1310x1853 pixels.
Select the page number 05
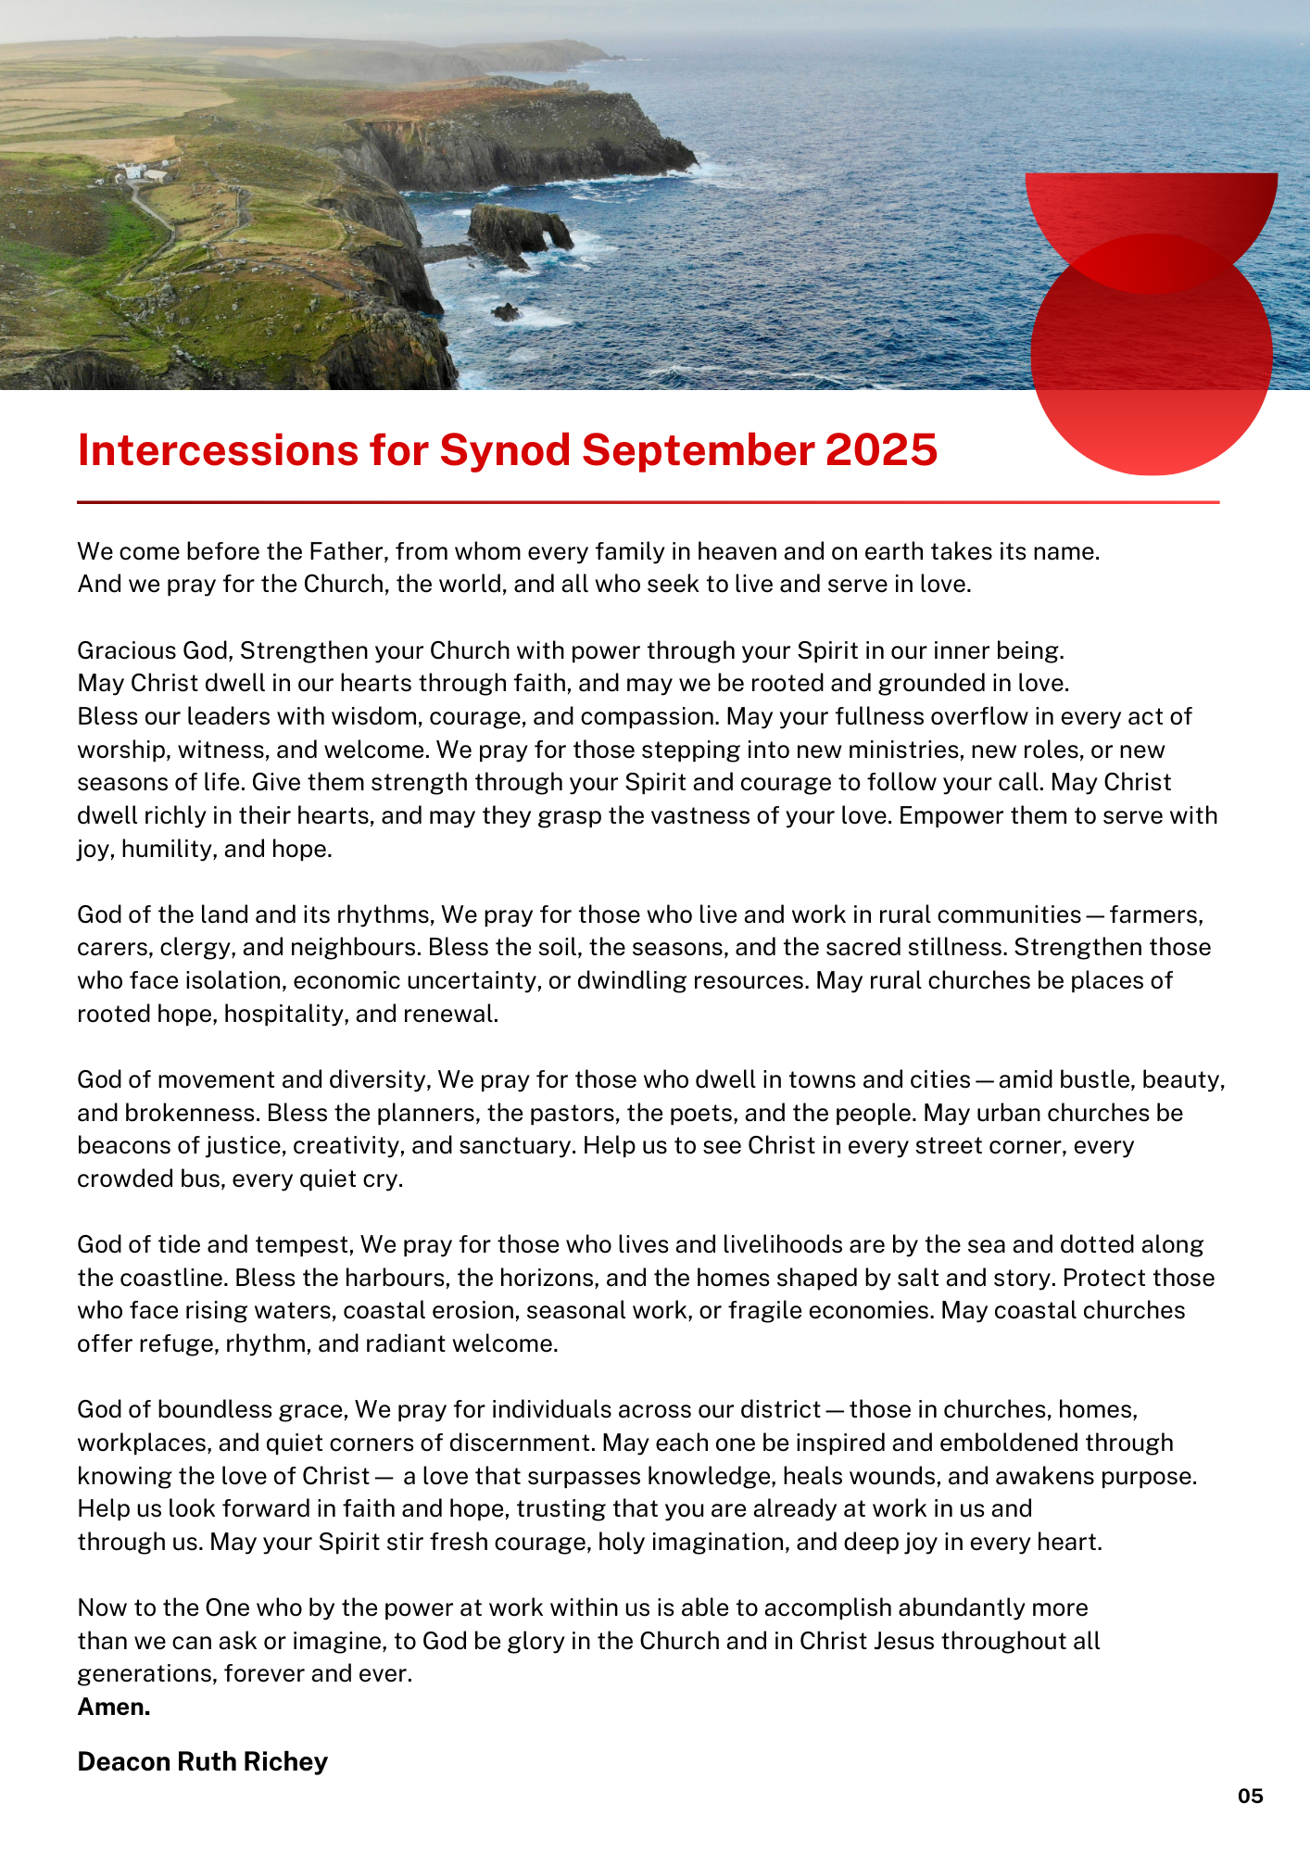point(1250,1796)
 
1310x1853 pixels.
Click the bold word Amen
point(114,1707)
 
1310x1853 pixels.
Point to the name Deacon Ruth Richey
point(202,1761)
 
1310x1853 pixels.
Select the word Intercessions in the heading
point(218,450)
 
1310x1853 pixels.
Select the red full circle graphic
point(1151,371)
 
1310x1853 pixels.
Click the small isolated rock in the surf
point(506,311)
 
